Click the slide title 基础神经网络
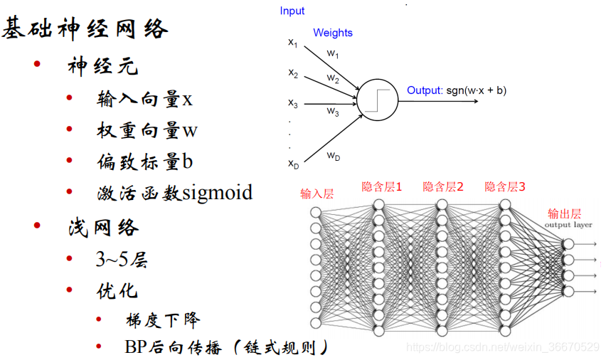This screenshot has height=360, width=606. click(85, 29)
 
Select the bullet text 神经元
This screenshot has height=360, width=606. click(103, 67)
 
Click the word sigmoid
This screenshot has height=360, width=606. click(217, 193)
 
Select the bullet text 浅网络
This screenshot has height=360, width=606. click(103, 227)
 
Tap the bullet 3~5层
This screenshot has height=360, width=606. click(122, 260)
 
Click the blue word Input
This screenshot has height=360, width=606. click(292, 11)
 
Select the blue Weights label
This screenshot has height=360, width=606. click(333, 33)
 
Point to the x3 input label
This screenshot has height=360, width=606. click(293, 104)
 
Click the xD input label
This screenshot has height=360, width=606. click(293, 164)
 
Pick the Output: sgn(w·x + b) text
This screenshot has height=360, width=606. click(457, 90)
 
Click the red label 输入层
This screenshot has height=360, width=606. click(317, 194)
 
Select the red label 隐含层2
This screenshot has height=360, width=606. click(443, 187)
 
